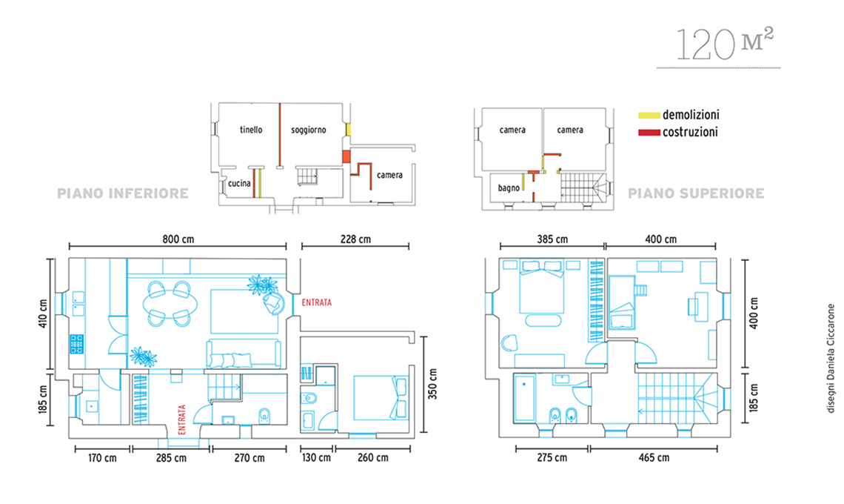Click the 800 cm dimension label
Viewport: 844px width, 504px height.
[x=178, y=239]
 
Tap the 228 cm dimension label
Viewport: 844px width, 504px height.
[x=355, y=239]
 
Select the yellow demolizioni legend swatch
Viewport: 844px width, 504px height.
[x=649, y=115]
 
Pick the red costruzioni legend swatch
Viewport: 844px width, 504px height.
[x=649, y=132]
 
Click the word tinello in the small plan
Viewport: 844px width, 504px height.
[x=252, y=130]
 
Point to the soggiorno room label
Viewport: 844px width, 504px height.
[x=309, y=130]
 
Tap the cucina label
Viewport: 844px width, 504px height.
[x=239, y=183]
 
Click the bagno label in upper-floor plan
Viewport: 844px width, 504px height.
[x=509, y=188]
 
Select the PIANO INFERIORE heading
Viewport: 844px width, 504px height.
[x=123, y=193]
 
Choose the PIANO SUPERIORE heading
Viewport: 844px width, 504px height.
[x=696, y=193]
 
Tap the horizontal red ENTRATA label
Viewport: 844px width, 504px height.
[x=317, y=302]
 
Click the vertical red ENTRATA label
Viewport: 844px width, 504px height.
[x=181, y=420]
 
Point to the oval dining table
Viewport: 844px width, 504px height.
[x=170, y=304]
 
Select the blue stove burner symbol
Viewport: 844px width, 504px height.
[x=76, y=345]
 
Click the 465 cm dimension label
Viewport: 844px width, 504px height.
[x=654, y=457]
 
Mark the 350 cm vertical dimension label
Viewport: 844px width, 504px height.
[x=432, y=384]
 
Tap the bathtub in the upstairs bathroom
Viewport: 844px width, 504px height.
[x=524, y=398]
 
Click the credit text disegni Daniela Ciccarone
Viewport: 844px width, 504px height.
[x=831, y=359]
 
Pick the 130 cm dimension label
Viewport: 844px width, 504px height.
[x=317, y=457]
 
